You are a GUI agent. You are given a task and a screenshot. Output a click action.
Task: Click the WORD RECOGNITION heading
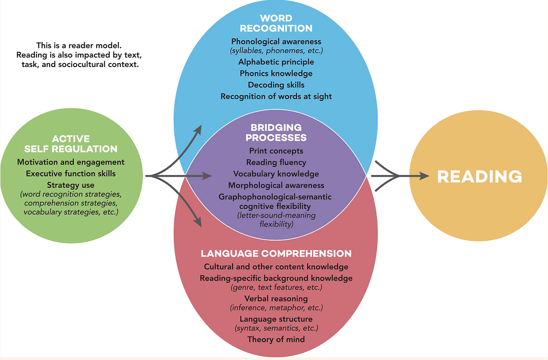pos(276,23)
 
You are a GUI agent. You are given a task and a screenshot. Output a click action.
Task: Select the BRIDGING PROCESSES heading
pos(276,132)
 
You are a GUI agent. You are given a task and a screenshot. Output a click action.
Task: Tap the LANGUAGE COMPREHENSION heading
pos(276,253)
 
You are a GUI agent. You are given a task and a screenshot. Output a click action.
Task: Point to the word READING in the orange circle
pos(480,176)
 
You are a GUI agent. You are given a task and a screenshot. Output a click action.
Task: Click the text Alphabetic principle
pos(276,62)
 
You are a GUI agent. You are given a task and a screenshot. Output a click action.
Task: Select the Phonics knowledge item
pos(276,73)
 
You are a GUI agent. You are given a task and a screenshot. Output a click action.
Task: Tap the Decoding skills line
pos(276,85)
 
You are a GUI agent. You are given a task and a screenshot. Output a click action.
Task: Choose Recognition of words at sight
pos(276,96)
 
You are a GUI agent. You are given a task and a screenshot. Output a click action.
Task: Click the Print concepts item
pos(276,150)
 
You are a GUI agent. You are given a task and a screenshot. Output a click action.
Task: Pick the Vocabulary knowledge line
pos(276,174)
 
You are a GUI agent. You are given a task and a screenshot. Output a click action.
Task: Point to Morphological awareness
pos(276,185)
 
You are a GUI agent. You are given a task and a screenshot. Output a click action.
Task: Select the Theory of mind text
pos(276,339)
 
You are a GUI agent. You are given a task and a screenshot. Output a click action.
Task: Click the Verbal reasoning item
pos(276,298)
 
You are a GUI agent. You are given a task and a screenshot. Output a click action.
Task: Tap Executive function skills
pos(71,174)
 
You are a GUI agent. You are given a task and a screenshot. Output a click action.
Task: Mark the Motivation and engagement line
pos(71,162)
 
